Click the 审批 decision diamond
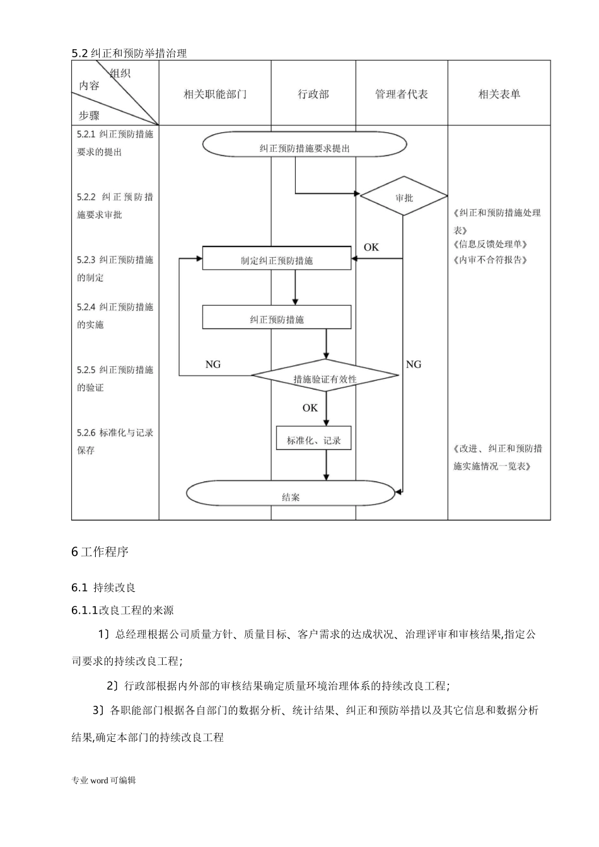click(x=404, y=197)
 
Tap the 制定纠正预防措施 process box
click(x=276, y=259)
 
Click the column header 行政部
click(x=313, y=95)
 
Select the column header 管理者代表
click(x=402, y=95)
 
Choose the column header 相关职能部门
click(x=215, y=95)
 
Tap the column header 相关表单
click(x=499, y=95)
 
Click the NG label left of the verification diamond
click(x=213, y=365)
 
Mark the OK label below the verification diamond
click(x=310, y=408)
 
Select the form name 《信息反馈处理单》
click(x=490, y=245)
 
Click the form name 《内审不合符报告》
click(x=490, y=260)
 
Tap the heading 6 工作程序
click(x=100, y=552)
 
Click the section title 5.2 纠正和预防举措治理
click(x=129, y=54)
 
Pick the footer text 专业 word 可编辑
click(x=103, y=780)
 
